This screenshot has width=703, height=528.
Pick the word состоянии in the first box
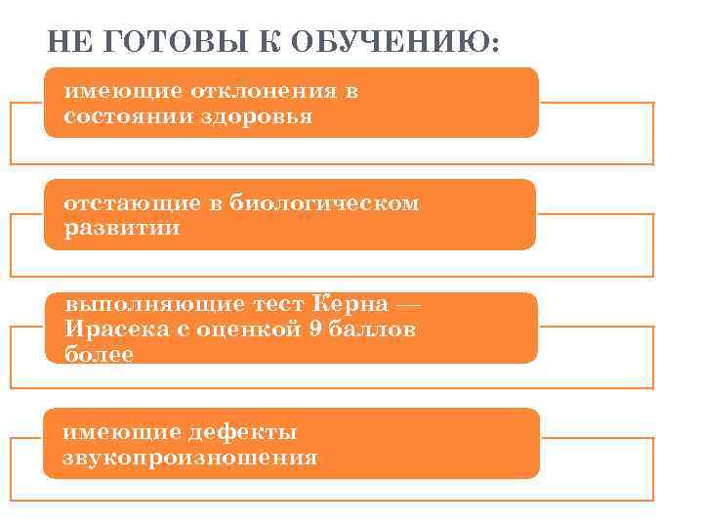tap(128, 116)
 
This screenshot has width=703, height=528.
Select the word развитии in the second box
tap(122, 228)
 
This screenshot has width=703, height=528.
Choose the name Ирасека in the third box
tap(110, 330)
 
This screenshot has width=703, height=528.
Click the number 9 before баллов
tap(313, 330)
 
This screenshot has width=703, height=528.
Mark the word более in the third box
tap(99, 353)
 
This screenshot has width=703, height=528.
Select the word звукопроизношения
tap(190, 457)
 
